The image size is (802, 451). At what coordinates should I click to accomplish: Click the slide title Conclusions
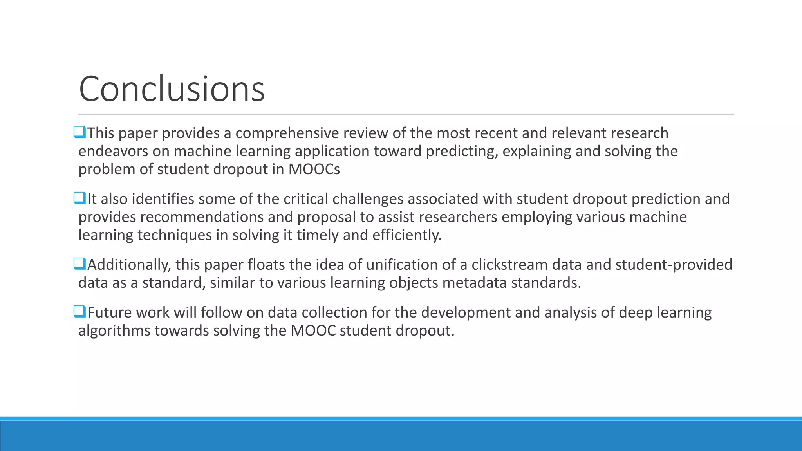point(172,89)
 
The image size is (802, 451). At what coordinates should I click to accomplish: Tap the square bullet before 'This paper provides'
point(79,132)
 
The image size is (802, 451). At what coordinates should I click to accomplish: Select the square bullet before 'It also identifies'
point(79,198)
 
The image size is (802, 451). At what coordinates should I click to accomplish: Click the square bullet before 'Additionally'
point(79,264)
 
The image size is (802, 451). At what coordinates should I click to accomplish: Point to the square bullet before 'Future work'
point(79,312)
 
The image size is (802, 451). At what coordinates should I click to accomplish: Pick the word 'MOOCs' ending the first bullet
point(314,170)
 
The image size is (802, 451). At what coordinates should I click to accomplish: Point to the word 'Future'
point(109,313)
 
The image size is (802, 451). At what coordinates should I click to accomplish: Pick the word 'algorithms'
point(114,331)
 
